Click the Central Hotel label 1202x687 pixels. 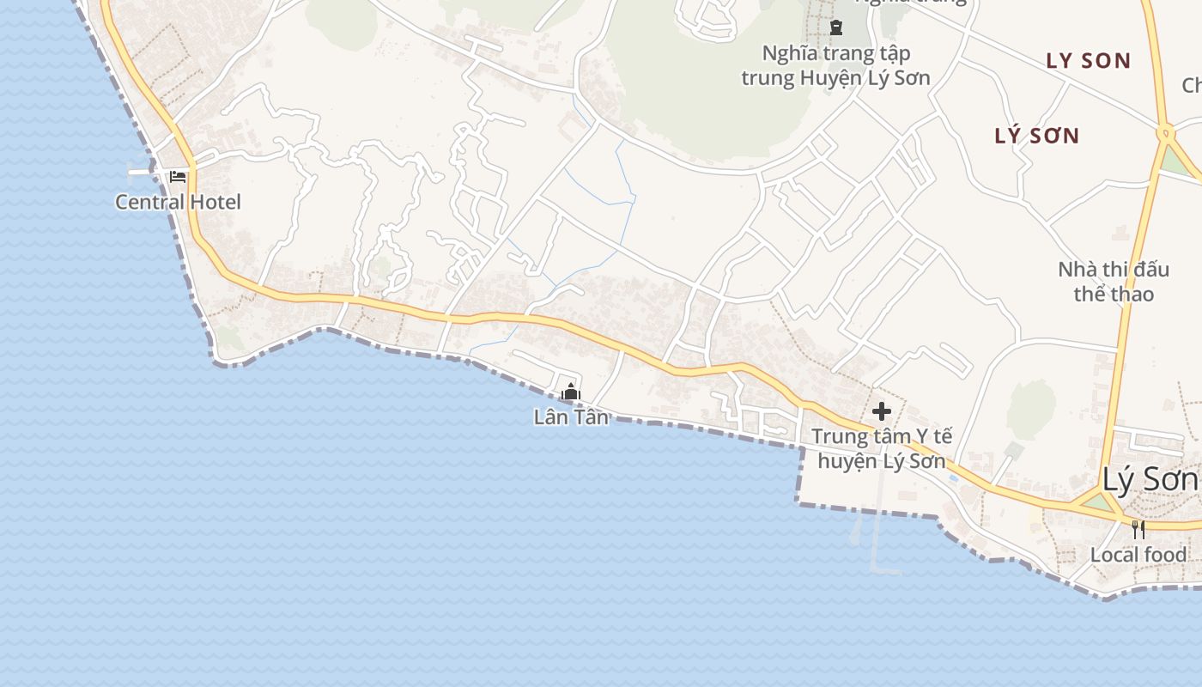coord(178,203)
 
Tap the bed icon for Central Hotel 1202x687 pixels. coord(178,177)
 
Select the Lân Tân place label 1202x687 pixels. coord(571,417)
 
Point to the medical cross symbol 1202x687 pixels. coord(881,411)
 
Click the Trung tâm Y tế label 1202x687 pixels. coord(882,436)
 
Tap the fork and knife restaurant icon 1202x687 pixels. coord(1138,529)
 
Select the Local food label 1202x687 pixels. coord(1138,555)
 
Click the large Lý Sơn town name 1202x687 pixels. coord(1150,480)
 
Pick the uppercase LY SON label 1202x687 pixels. coord(1088,61)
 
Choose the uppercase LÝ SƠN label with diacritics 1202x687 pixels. coord(1036,136)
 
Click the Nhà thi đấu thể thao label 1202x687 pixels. coord(1113,282)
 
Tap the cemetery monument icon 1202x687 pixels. coord(835,27)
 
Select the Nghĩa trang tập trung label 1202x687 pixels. coord(835,65)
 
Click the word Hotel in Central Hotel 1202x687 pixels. coord(212,203)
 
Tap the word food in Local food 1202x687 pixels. coord(1164,555)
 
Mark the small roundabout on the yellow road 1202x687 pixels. coord(1164,132)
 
